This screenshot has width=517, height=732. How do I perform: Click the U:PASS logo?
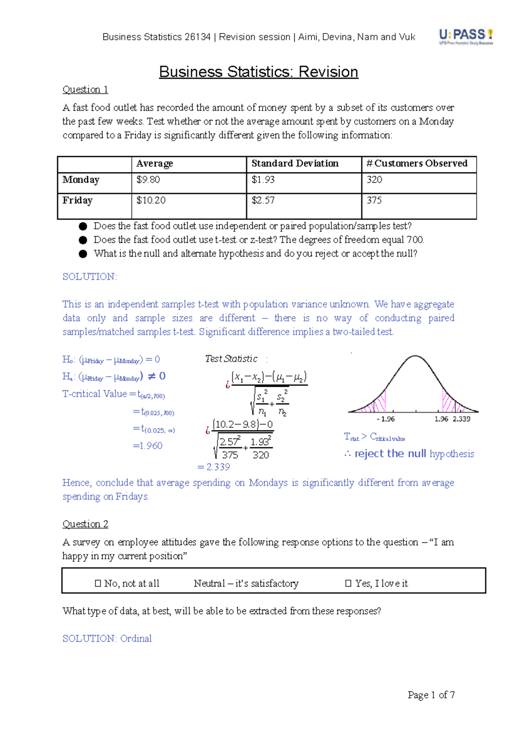click(x=466, y=36)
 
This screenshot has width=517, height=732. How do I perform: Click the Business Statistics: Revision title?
click(x=258, y=72)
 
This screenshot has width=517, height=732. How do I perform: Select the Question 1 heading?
click(x=85, y=90)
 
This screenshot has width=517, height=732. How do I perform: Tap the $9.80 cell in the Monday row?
click(x=148, y=180)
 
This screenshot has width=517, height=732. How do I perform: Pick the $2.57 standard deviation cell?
click(x=263, y=200)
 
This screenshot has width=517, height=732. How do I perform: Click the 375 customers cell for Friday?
click(x=374, y=200)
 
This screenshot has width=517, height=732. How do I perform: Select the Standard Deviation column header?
click(x=295, y=163)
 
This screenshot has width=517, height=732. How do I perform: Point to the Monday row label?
click(x=81, y=180)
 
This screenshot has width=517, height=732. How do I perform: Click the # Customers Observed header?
click(x=417, y=163)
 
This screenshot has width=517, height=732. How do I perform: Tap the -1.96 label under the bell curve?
click(x=385, y=419)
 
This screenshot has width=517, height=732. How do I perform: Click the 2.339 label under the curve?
click(x=461, y=419)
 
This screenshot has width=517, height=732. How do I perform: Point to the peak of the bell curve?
click(x=415, y=356)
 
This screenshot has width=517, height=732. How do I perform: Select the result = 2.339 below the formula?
click(x=214, y=467)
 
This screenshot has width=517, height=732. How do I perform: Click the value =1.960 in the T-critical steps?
click(x=148, y=446)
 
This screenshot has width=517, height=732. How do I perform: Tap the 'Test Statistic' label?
click(x=231, y=359)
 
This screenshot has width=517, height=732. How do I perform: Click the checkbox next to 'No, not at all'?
click(x=98, y=584)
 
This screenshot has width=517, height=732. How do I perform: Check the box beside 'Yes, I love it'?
click(x=349, y=584)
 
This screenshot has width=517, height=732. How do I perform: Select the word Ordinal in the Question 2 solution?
click(x=136, y=638)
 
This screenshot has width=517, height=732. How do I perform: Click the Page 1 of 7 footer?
click(x=431, y=695)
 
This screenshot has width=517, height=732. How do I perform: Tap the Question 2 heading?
click(x=85, y=524)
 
